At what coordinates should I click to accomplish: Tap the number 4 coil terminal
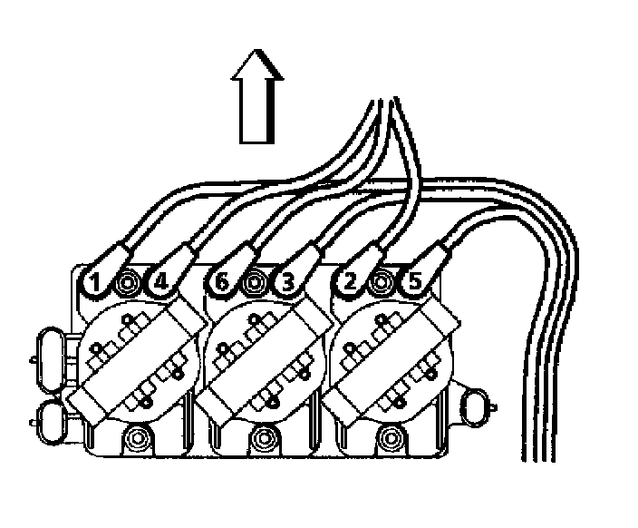click(x=159, y=282)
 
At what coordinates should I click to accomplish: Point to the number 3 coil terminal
click(x=287, y=282)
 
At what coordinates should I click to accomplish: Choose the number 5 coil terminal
click(x=414, y=282)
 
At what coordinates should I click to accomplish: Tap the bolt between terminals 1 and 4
click(x=128, y=284)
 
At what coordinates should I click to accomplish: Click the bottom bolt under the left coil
click(x=138, y=441)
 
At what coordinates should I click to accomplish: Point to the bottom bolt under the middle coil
click(x=265, y=441)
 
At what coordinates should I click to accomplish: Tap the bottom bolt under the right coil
click(x=391, y=441)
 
